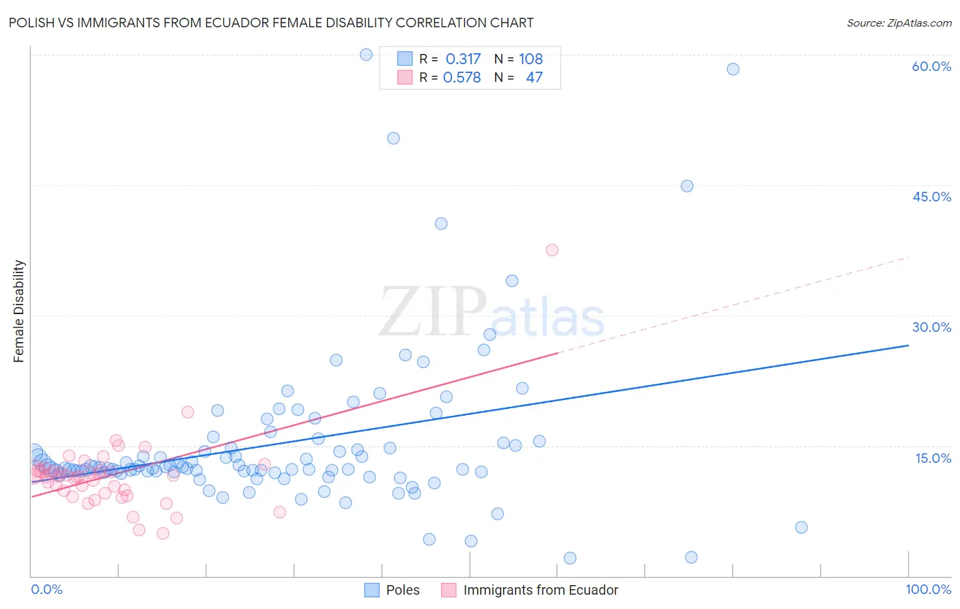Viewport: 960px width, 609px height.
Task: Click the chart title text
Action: click(271, 23)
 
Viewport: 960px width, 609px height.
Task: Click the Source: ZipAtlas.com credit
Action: click(899, 23)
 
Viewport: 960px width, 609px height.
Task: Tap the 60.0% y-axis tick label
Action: click(931, 66)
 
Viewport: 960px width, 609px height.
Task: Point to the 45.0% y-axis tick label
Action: click(931, 197)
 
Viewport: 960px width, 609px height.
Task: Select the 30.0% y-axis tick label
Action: click(931, 327)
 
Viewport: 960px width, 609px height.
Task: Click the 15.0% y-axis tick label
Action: click(933, 457)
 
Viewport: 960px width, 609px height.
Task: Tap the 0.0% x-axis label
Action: click(46, 589)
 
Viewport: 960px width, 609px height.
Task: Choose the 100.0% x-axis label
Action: click(928, 589)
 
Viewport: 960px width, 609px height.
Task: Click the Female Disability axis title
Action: click(19, 311)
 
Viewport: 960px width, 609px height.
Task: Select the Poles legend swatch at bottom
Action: click(371, 590)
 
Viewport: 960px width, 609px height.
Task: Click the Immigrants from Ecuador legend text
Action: click(540, 590)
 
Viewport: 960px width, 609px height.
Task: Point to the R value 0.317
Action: click(463, 59)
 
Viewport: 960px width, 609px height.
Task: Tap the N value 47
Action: click(534, 78)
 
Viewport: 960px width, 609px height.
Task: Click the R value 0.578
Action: click(462, 78)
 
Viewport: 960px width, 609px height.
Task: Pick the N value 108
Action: click(531, 59)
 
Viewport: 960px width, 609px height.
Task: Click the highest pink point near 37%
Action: click(552, 250)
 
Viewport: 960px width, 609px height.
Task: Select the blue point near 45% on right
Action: click(687, 186)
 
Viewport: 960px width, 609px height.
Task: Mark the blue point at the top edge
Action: click(366, 55)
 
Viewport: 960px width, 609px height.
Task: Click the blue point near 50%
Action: click(393, 138)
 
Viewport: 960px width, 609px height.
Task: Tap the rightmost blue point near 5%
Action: click(802, 527)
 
